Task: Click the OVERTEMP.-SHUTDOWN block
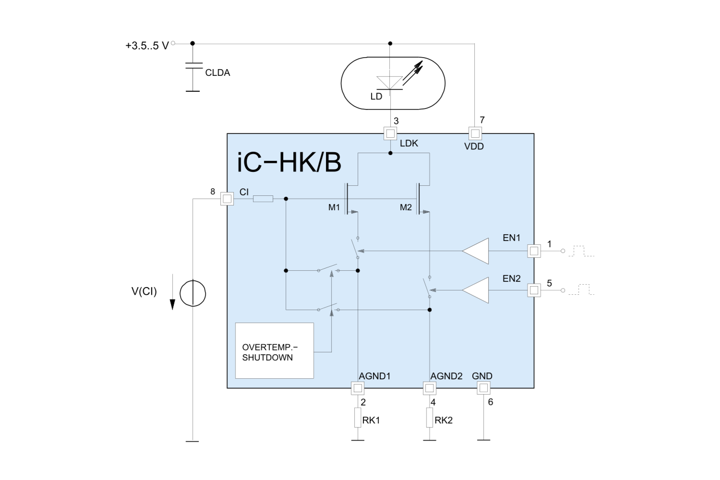(274, 351)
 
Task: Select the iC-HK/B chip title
(289, 162)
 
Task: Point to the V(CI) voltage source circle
(192, 293)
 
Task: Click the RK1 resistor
(358, 418)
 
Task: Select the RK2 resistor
(430, 418)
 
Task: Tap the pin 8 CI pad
(227, 199)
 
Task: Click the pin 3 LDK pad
(390, 133)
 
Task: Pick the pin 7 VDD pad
(475, 133)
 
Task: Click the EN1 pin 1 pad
(534, 251)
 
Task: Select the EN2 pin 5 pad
(534, 290)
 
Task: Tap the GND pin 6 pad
(483, 388)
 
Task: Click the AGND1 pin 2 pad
(358, 388)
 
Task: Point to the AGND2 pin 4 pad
(430, 388)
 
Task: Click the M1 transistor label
(334, 207)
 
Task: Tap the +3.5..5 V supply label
(147, 46)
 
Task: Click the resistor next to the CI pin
(263, 199)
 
